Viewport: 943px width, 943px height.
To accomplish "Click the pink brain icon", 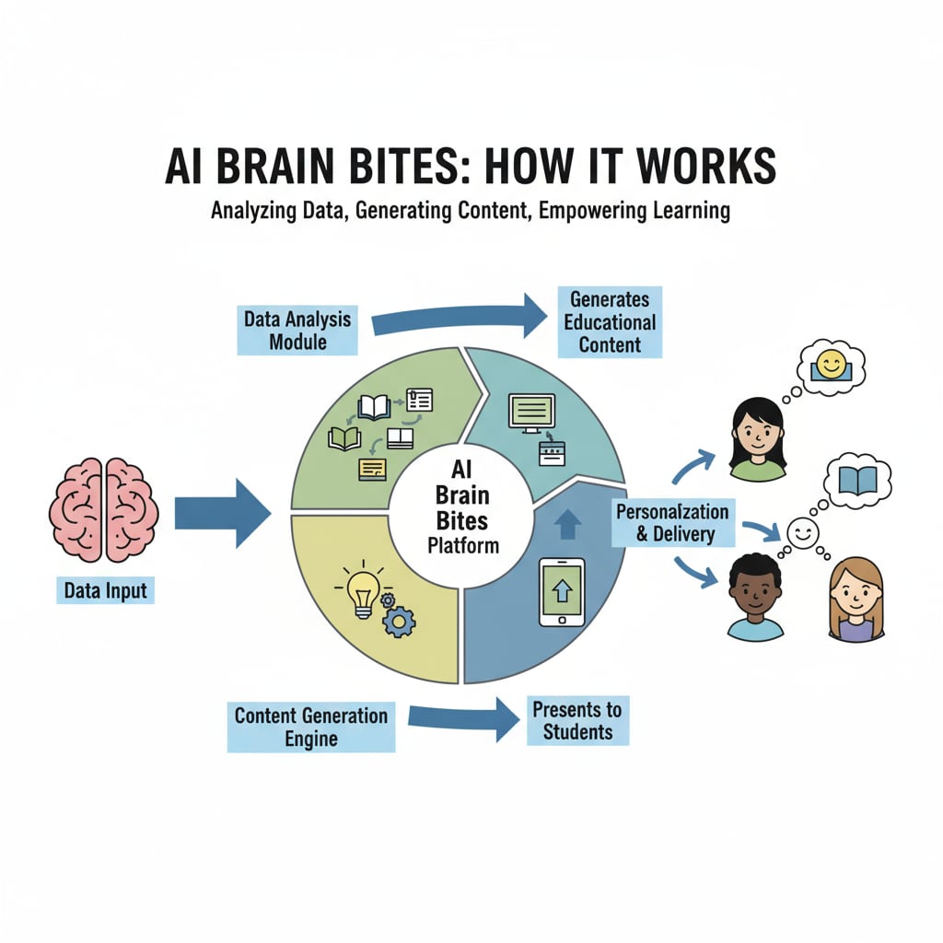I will coord(102,511).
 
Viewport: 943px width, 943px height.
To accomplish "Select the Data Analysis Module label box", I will coord(297,331).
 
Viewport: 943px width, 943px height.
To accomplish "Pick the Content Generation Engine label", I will coord(310,727).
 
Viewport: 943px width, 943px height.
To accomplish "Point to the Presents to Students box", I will coord(577,721).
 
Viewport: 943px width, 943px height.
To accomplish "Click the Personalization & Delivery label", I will coord(671,522).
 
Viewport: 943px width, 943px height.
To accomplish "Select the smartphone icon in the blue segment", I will coord(561,592).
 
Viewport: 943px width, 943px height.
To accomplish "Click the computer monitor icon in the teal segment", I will coord(531,412).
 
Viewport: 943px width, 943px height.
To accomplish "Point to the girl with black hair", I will coord(757,440).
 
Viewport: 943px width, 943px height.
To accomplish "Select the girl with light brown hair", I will coord(856,600).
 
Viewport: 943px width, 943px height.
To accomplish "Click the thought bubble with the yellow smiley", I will coord(831,366).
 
